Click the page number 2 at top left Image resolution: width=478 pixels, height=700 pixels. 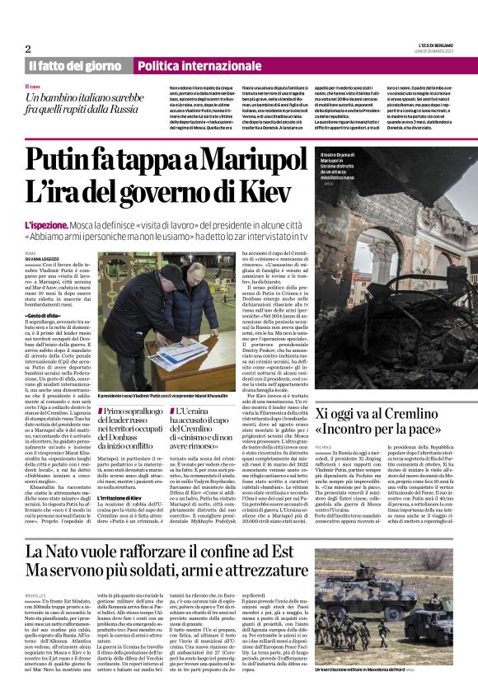pyautogui.click(x=28, y=49)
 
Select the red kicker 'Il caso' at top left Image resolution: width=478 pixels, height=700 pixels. pyautogui.click(x=34, y=86)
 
